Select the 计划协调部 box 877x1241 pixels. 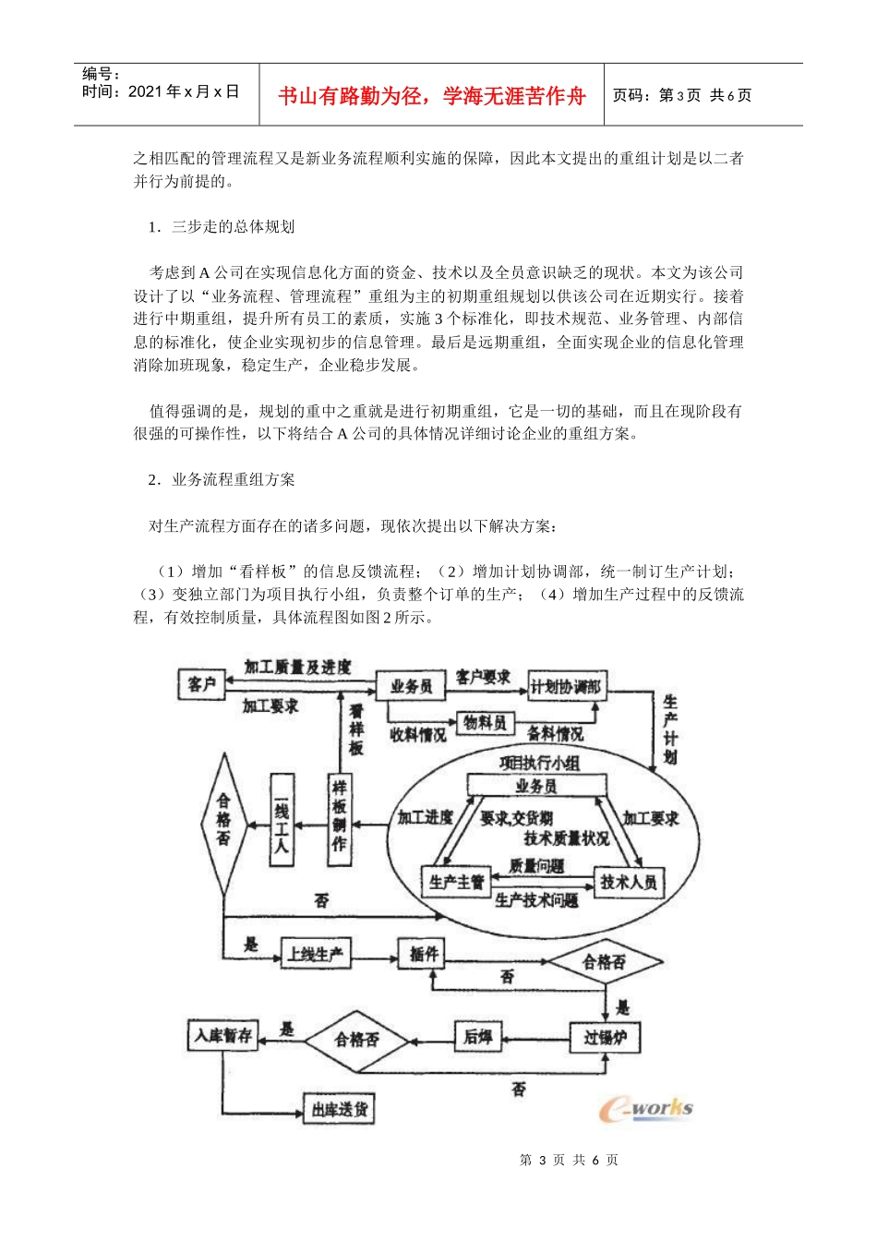(x=565, y=687)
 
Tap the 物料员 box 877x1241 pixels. (x=485, y=723)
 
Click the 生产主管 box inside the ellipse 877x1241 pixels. (x=456, y=882)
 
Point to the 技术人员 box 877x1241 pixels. (x=629, y=882)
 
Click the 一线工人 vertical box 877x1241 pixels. (x=282, y=819)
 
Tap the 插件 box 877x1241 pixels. (x=424, y=954)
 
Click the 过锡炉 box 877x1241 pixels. (x=605, y=1038)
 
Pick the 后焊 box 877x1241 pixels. (x=477, y=1037)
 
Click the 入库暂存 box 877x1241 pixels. (x=222, y=1035)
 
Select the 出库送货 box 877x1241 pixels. (x=339, y=1108)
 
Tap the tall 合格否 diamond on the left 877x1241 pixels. (x=223, y=822)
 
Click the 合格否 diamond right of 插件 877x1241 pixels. (x=604, y=962)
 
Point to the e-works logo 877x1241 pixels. (x=646, y=1108)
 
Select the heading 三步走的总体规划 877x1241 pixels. (x=233, y=227)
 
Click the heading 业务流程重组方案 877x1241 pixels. (x=233, y=480)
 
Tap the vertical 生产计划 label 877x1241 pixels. (x=670, y=729)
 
